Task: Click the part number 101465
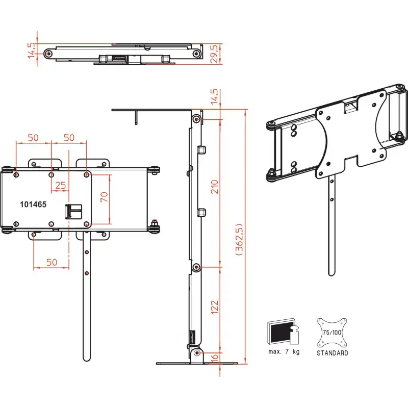pyautogui.click(x=33, y=204)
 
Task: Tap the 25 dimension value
pyautogui.click(x=61, y=185)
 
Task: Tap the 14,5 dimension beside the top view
pyautogui.click(x=31, y=51)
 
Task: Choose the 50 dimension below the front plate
pyautogui.click(x=52, y=262)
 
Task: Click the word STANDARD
pyautogui.click(x=332, y=353)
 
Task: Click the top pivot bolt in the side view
pyautogui.click(x=196, y=119)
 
